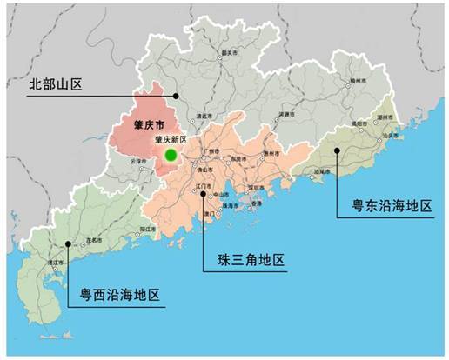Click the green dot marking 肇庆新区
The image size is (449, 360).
point(171,155)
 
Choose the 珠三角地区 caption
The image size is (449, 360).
point(250,260)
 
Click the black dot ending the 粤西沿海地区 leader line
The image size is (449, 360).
point(68,245)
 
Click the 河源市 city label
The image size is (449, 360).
point(292,114)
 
